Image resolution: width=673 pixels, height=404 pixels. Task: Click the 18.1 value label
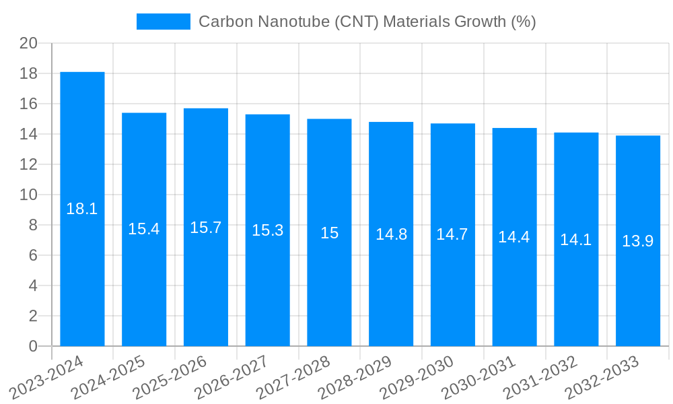tap(82, 209)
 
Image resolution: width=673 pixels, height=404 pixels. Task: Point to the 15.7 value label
tap(206, 228)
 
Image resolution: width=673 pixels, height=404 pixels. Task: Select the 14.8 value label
tap(391, 234)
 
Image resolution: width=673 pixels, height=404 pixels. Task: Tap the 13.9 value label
tap(637, 241)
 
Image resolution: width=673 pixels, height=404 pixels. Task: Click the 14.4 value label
tap(514, 237)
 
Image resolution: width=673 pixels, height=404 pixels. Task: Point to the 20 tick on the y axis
tap(28, 43)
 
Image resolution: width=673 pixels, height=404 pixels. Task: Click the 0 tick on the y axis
tap(33, 346)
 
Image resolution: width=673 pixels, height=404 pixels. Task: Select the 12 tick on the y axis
tap(28, 164)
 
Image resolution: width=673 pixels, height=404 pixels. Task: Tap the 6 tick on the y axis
tap(33, 255)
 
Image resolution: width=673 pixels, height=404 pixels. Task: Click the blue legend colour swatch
tap(163, 22)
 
